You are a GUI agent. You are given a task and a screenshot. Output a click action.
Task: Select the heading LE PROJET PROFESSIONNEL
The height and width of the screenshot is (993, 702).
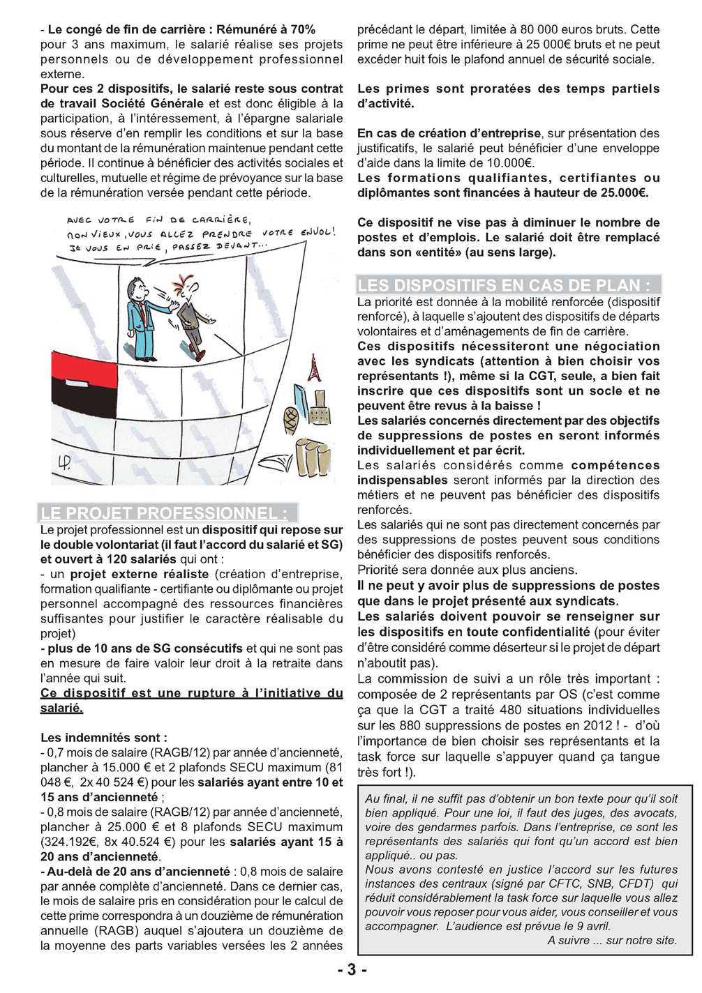click(x=164, y=514)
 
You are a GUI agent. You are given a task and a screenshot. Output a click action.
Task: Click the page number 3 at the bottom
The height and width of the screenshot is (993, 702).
click(x=352, y=969)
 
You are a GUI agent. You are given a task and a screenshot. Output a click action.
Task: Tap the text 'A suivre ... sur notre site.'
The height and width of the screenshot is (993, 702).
click(x=611, y=940)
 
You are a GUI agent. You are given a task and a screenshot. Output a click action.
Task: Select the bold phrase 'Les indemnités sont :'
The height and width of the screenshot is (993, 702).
click(x=104, y=738)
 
